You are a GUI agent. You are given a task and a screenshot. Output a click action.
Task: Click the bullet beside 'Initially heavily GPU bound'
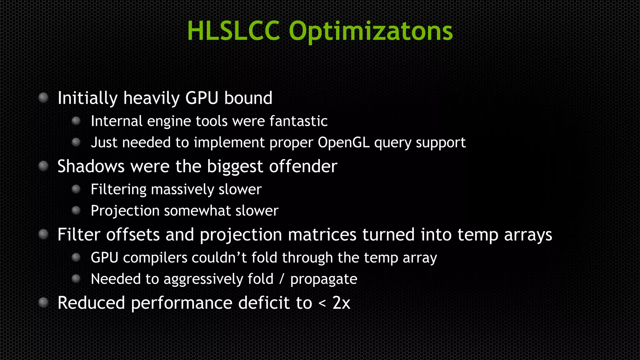(x=43, y=98)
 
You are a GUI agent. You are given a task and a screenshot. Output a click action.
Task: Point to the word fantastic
(x=298, y=121)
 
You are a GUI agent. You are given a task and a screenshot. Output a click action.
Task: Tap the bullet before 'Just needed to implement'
(x=76, y=142)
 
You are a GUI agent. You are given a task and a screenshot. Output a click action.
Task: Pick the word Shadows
(x=91, y=166)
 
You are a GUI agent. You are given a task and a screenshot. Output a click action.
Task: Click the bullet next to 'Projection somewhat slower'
(x=76, y=211)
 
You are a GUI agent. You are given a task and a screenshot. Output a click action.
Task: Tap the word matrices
(x=322, y=235)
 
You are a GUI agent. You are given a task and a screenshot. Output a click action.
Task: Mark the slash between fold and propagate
(x=282, y=279)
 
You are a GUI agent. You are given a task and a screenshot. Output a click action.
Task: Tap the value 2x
(x=341, y=303)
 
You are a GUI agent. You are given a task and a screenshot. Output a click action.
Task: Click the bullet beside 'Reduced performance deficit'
(x=43, y=302)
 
